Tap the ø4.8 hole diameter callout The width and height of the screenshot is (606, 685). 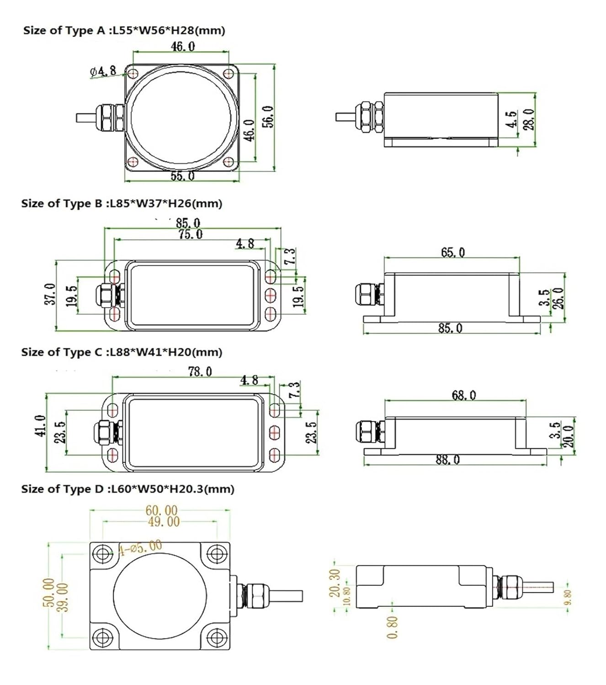point(103,71)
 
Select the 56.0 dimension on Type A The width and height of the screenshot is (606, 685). point(269,116)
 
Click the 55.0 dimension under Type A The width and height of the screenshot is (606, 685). point(182,176)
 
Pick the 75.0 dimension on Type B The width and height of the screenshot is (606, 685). point(191,234)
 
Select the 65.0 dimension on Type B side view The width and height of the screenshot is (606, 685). point(452,252)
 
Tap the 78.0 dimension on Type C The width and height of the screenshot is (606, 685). point(200,372)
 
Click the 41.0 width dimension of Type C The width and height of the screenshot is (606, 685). point(40,426)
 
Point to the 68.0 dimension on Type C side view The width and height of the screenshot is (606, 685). point(463,395)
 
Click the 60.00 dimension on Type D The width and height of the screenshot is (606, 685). point(161,510)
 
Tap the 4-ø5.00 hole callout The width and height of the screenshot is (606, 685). point(140,547)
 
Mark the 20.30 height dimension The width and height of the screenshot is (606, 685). point(335,583)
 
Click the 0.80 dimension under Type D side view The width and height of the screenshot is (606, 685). point(392,627)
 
